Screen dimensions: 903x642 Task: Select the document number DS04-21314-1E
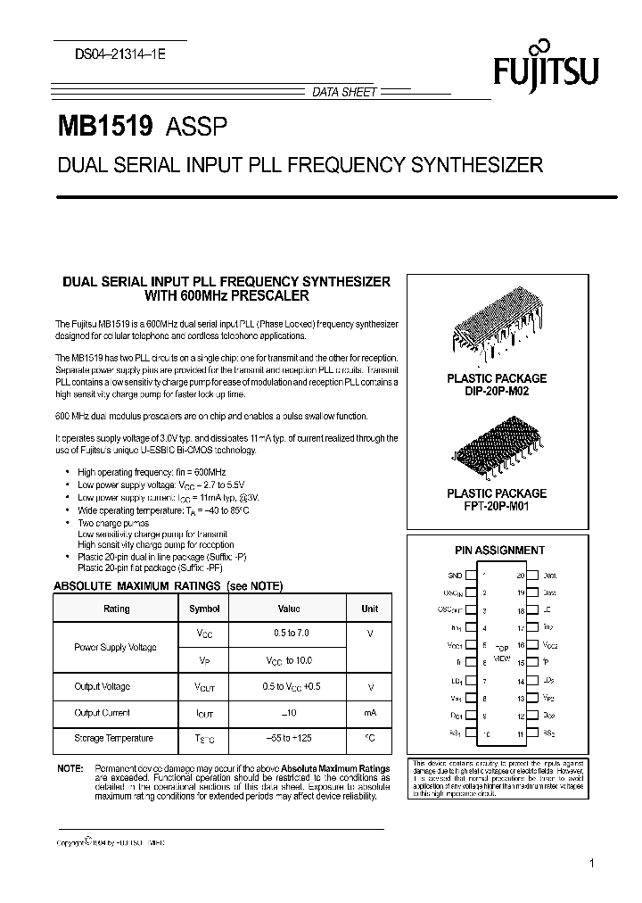tap(114, 54)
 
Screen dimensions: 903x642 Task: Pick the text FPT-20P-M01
tap(497, 506)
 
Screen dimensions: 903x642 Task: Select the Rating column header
tap(117, 609)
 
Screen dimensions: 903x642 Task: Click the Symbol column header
tap(204, 609)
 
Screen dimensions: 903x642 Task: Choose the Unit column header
tap(369, 609)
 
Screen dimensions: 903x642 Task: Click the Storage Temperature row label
tap(114, 738)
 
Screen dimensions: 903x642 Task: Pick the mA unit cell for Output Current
tap(369, 712)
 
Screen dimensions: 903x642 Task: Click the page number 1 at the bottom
tap(592, 864)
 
